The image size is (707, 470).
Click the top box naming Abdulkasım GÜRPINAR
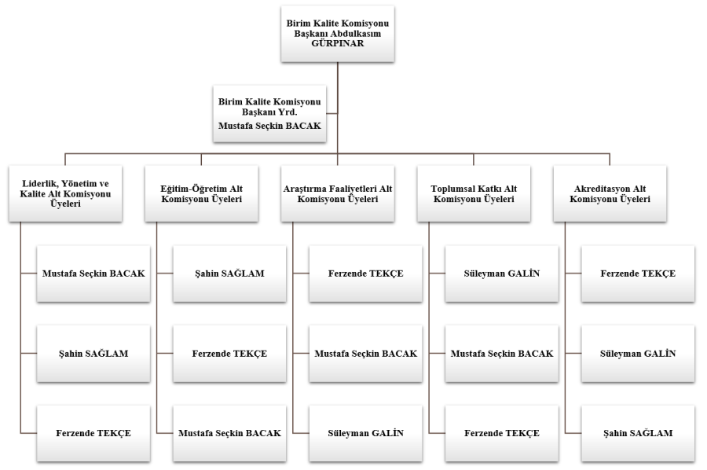(x=337, y=34)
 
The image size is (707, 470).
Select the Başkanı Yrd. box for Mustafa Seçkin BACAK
(x=269, y=113)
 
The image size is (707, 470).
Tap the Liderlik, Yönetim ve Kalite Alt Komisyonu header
(x=66, y=193)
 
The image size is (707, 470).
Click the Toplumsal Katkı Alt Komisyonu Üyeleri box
(x=474, y=193)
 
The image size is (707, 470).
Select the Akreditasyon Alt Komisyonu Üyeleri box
(x=610, y=193)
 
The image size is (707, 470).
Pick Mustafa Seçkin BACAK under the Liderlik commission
(x=93, y=274)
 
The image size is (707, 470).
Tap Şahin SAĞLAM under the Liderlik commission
(x=93, y=354)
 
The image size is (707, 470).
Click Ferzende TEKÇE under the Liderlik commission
(x=93, y=433)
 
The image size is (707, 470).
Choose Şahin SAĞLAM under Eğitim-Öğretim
(x=229, y=274)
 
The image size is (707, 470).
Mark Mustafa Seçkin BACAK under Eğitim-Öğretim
(x=229, y=433)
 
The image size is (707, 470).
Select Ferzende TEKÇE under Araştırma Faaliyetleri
(x=365, y=274)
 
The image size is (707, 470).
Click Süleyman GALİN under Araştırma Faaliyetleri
(x=365, y=433)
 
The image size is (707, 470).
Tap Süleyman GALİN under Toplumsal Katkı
(x=502, y=274)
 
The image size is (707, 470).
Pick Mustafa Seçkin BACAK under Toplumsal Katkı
(x=502, y=354)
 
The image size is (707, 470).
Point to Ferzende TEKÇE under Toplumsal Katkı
(x=502, y=433)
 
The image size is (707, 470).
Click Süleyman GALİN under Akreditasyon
(x=638, y=354)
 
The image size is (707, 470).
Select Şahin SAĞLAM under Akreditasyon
(x=638, y=433)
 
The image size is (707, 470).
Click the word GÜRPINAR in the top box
(x=337, y=46)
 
